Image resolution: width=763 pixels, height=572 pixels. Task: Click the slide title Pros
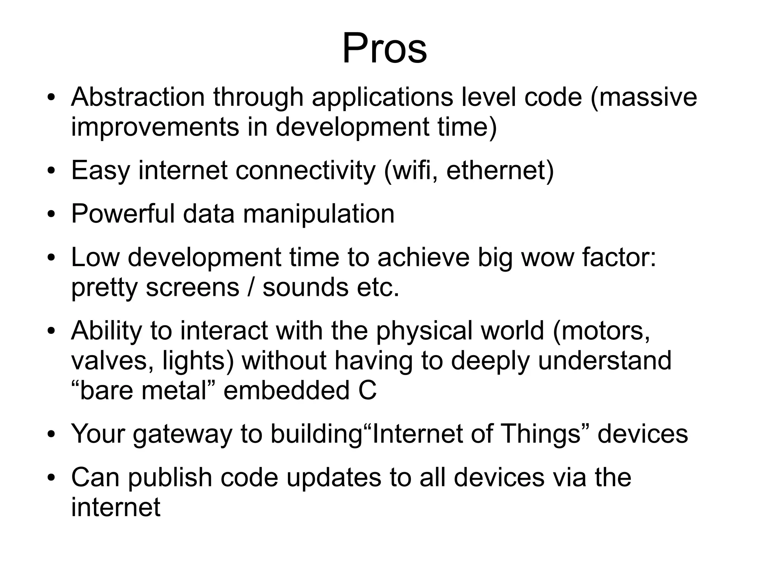384,48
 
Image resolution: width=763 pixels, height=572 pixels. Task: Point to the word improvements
155,127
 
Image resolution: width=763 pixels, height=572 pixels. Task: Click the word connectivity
305,170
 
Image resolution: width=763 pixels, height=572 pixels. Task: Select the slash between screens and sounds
251,288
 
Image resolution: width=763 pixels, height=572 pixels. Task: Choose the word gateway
182,434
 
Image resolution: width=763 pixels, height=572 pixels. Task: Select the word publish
170,478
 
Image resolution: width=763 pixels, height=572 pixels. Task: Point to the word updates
334,478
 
